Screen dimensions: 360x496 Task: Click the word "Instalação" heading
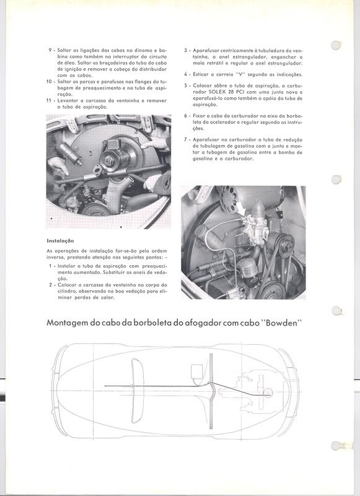pyautogui.click(x=60, y=241)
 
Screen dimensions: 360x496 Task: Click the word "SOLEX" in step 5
pyautogui.click(x=216, y=92)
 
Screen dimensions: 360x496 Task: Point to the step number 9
pyautogui.click(x=50, y=50)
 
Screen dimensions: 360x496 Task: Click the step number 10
pyautogui.click(x=49, y=82)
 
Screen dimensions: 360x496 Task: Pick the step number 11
pyautogui.click(x=49, y=100)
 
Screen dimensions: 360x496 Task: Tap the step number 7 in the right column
pyautogui.click(x=185, y=139)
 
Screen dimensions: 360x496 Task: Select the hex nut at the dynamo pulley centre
pyautogui.click(x=108, y=161)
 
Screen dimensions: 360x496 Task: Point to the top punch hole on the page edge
pyautogui.click(x=336, y=45)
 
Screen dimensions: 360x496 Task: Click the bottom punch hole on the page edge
pyautogui.click(x=336, y=446)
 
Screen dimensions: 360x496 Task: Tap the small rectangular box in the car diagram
pyautogui.click(x=196, y=370)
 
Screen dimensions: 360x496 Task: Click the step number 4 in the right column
pyautogui.click(x=185, y=74)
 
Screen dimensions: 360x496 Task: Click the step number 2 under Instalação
pyautogui.click(x=50, y=285)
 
